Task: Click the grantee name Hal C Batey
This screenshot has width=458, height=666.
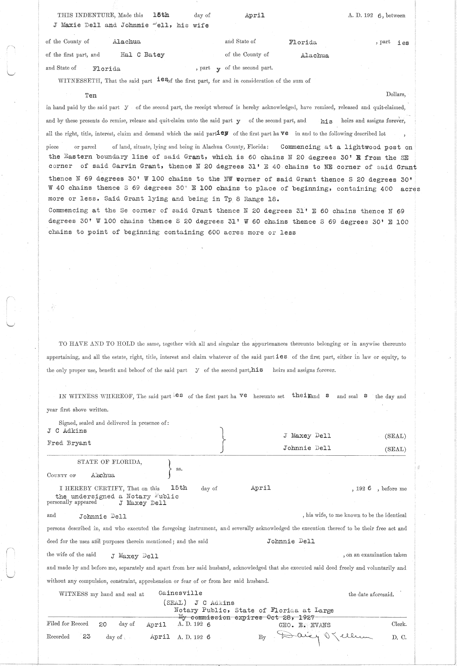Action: point(142,55)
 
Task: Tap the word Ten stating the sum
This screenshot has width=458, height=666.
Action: point(91,95)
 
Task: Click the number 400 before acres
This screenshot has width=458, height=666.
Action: point(387,189)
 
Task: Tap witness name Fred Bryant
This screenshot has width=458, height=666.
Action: point(69,443)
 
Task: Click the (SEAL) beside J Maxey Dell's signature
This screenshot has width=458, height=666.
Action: point(395,436)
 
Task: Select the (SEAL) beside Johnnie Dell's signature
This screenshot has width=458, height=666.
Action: point(395,449)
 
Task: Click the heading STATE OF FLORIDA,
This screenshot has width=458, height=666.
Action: point(110,462)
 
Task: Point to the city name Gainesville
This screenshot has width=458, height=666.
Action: point(180,593)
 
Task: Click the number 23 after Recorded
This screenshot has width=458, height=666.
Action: point(86,637)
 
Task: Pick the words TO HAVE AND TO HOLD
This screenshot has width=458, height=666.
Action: point(97,344)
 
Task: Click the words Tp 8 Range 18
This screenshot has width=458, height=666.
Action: point(251,199)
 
